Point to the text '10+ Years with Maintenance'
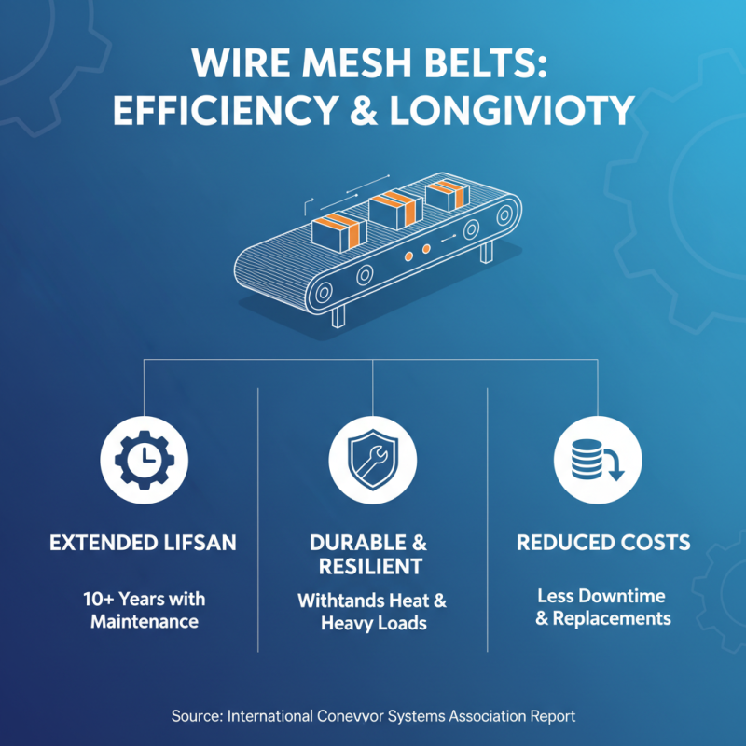[145, 609]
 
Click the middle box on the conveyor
[390, 211]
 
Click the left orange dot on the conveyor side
[408, 255]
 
